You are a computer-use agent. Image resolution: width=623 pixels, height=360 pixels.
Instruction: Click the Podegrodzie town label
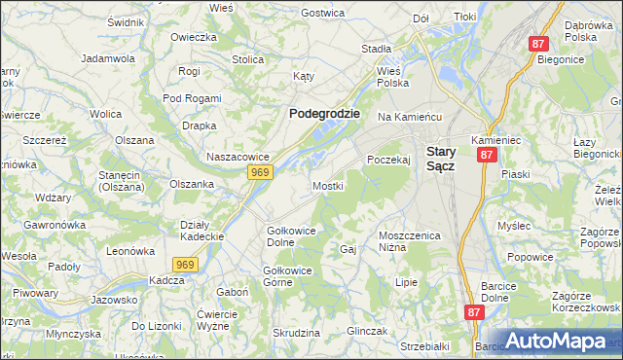pos(324,113)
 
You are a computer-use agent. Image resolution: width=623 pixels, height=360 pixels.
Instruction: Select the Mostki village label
pos(327,185)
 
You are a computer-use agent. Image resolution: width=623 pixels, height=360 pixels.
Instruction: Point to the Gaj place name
pos(348,249)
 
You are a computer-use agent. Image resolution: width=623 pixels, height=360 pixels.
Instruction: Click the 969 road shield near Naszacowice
pos(259,172)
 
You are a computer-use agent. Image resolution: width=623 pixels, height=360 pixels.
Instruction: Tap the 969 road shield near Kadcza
pos(187,264)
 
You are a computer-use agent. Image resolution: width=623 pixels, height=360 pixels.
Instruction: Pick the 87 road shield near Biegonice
pos(540,44)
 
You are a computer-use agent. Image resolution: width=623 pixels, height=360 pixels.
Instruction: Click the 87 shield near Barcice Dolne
pos(474,312)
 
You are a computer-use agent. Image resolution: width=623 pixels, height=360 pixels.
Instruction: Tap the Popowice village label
pos(530,257)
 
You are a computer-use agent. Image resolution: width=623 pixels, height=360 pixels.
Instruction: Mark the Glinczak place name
pos(366,331)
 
